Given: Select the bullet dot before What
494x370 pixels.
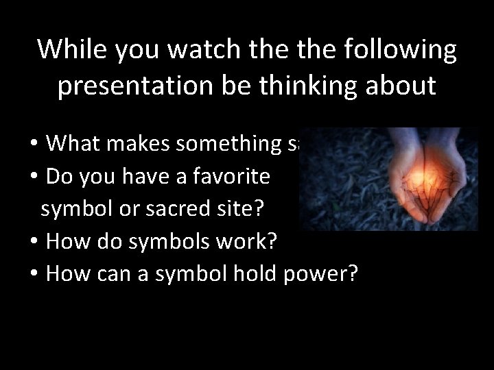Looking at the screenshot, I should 34,144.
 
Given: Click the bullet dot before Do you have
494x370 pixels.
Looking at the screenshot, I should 34,177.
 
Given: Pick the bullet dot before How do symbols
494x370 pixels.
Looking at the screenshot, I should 34,243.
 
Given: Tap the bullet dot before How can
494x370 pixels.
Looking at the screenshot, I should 34,275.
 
